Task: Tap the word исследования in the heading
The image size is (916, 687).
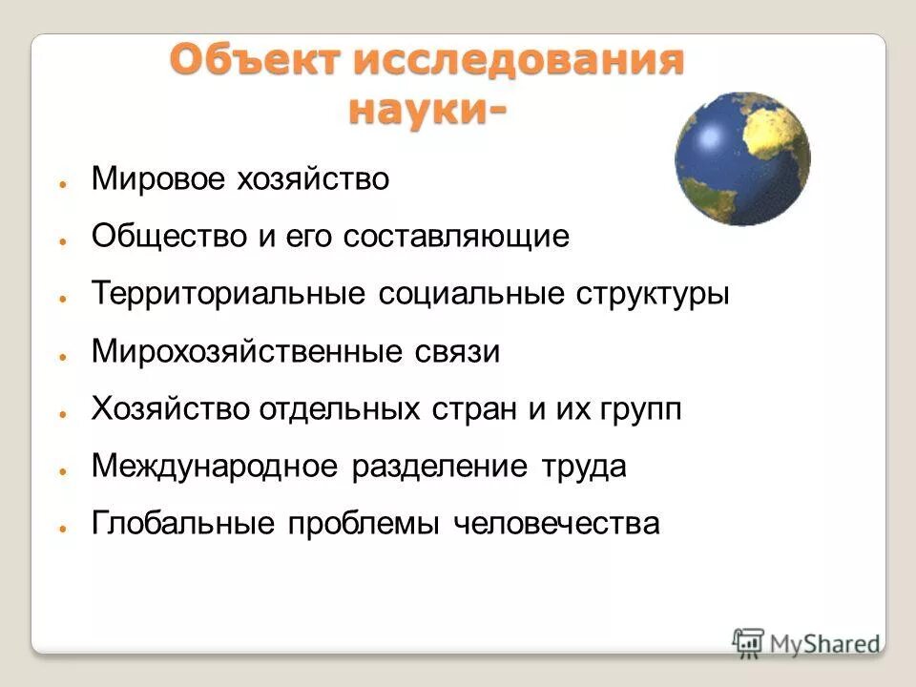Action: coord(519,61)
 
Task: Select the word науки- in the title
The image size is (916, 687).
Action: coord(427,109)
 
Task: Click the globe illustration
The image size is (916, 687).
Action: coord(742,158)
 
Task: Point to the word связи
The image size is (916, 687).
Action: coord(455,352)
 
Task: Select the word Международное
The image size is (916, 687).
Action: coord(216,467)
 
